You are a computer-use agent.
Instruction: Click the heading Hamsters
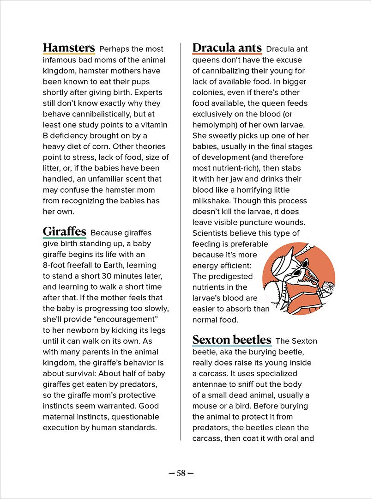point(69,48)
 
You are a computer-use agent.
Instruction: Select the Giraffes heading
point(64,231)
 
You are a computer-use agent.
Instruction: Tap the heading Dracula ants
point(227,48)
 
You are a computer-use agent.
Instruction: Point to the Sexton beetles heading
point(232,340)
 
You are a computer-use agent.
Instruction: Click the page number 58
point(181,473)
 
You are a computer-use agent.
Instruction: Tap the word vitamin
point(154,125)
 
